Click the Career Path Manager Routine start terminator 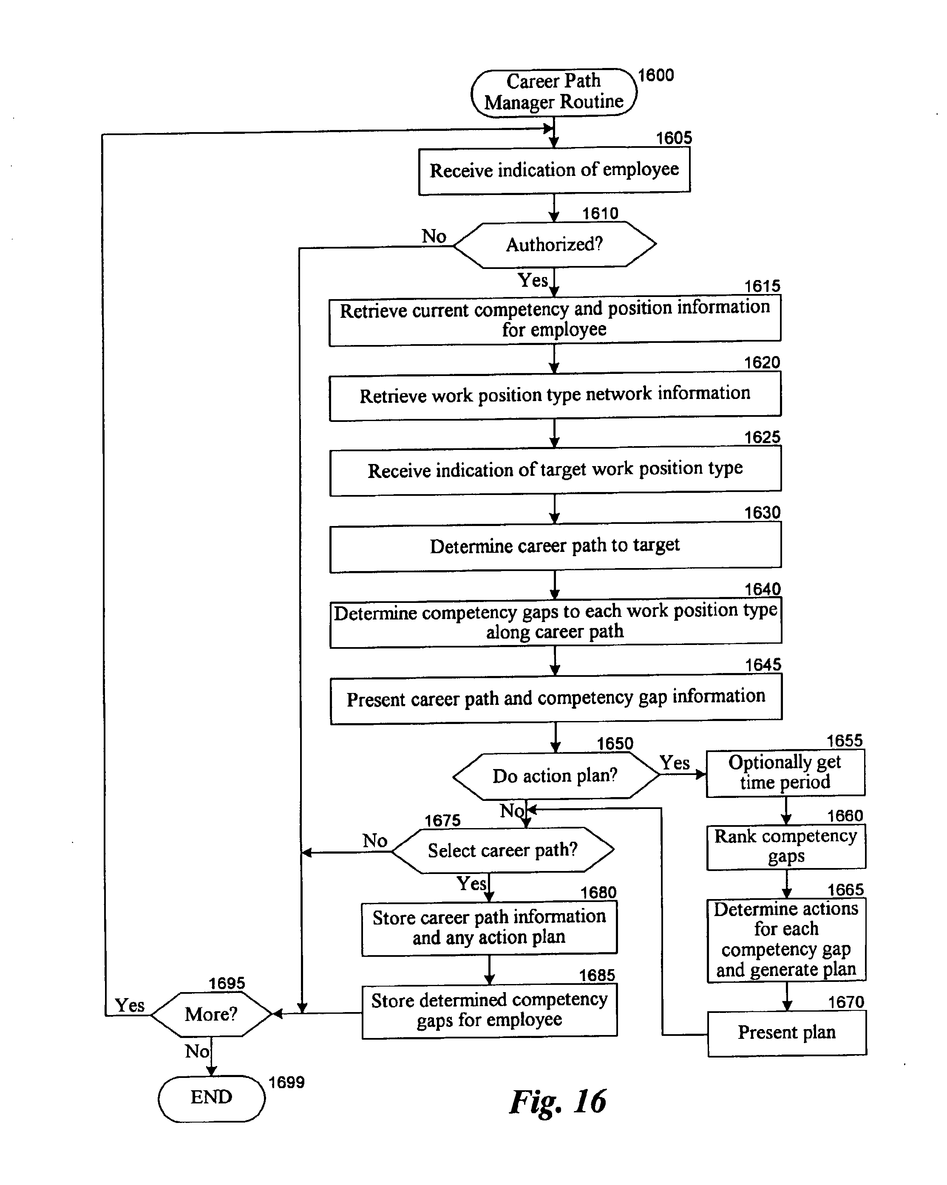click(554, 92)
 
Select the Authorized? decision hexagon click(554, 245)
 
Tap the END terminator click(212, 1098)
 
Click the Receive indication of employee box click(554, 170)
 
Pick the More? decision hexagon click(212, 1014)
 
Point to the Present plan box click(787, 1033)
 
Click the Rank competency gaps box click(786, 847)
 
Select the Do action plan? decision click(556, 775)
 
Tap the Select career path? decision click(503, 850)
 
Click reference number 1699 click(286, 1082)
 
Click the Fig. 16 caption click(558, 1102)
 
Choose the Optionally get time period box click(785, 773)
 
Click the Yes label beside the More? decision click(130, 1005)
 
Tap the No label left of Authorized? click(434, 236)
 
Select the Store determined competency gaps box click(490, 1010)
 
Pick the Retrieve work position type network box click(555, 395)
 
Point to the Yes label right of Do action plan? click(675, 763)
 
